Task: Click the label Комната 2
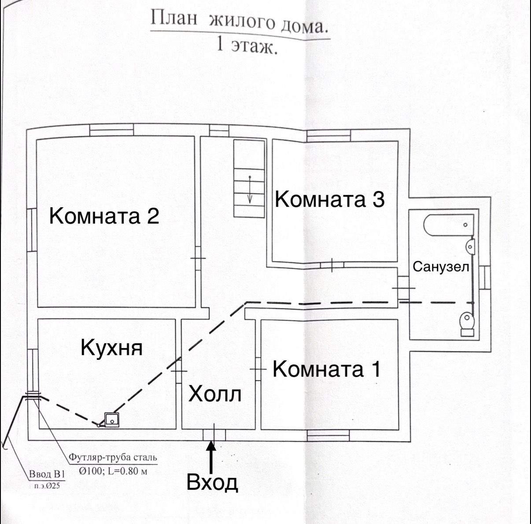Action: (104, 216)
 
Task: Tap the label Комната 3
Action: (330, 199)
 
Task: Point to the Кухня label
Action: (112, 348)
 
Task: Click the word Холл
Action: (215, 394)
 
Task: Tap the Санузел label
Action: (441, 267)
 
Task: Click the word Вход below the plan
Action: (212, 482)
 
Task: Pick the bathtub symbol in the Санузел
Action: (448, 225)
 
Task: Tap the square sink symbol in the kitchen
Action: (112, 420)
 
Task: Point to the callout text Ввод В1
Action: (47, 475)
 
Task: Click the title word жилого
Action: (242, 22)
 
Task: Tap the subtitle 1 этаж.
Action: (247, 45)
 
